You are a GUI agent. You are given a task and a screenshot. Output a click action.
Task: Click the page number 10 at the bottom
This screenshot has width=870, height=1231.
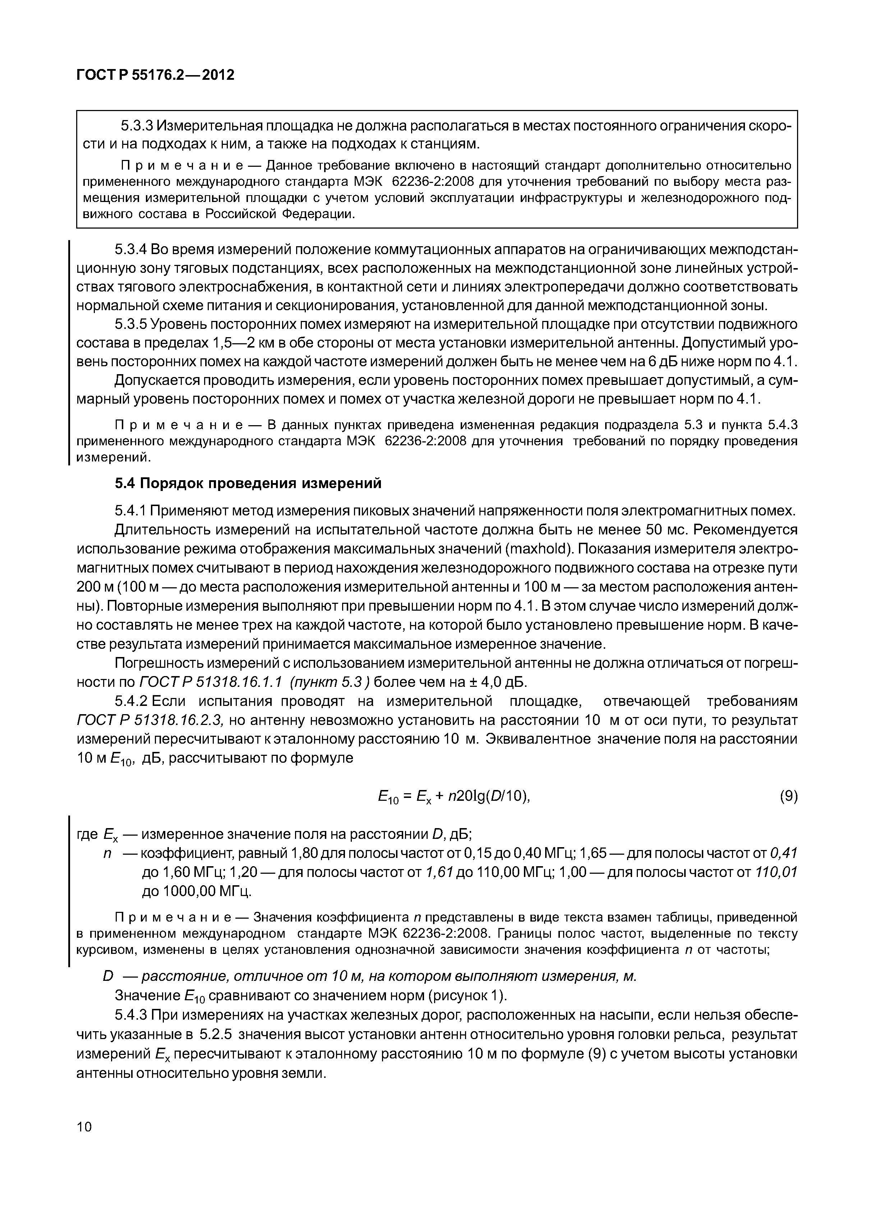pyautogui.click(x=85, y=1126)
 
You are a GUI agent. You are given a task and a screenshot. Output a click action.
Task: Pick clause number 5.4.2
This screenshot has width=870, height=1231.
pyautogui.click(x=131, y=701)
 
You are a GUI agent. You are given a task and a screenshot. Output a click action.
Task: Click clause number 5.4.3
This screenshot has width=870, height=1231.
pyautogui.click(x=131, y=1015)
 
